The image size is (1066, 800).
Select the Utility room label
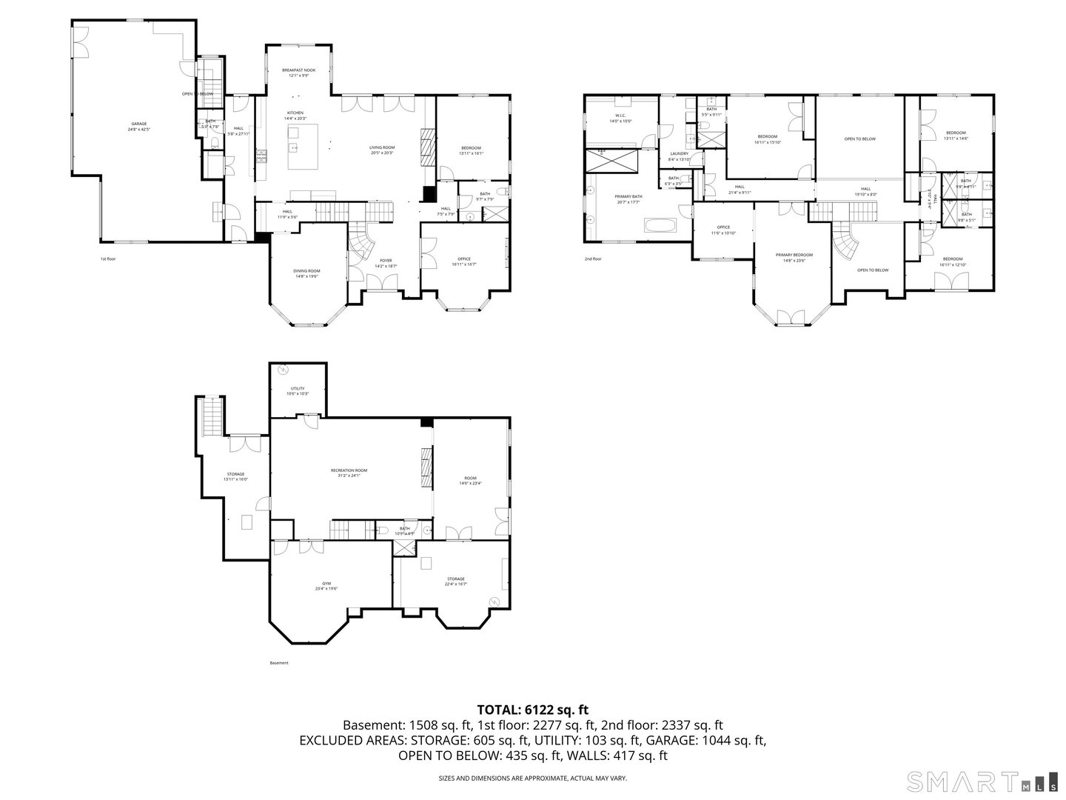[297, 390]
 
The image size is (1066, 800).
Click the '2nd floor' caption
[593, 259]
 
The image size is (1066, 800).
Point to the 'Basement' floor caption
[279, 663]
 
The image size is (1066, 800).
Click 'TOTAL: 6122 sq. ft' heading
[533, 710]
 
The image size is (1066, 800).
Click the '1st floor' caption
[108, 259]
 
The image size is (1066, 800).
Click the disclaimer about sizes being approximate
[533, 778]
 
